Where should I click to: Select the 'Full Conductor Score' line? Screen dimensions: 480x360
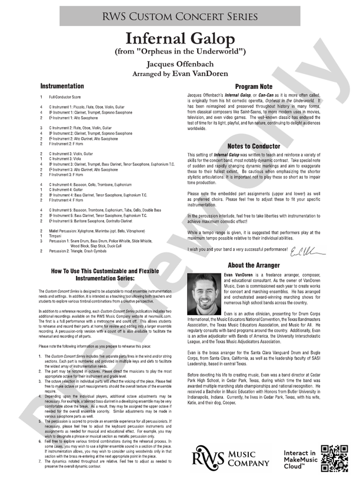pos(69,96)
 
